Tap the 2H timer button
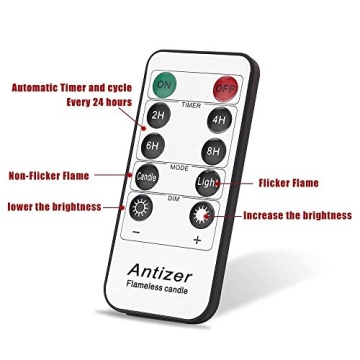(x=157, y=115)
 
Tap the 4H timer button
(x=216, y=120)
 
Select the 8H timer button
(x=211, y=150)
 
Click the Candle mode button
(x=146, y=176)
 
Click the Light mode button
(x=206, y=183)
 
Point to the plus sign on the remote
(x=196, y=240)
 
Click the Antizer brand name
(x=159, y=271)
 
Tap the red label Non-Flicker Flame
(x=48, y=175)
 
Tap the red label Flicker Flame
(x=288, y=183)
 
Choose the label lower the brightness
(x=54, y=207)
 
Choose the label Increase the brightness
(x=297, y=215)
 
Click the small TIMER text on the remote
(x=190, y=103)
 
